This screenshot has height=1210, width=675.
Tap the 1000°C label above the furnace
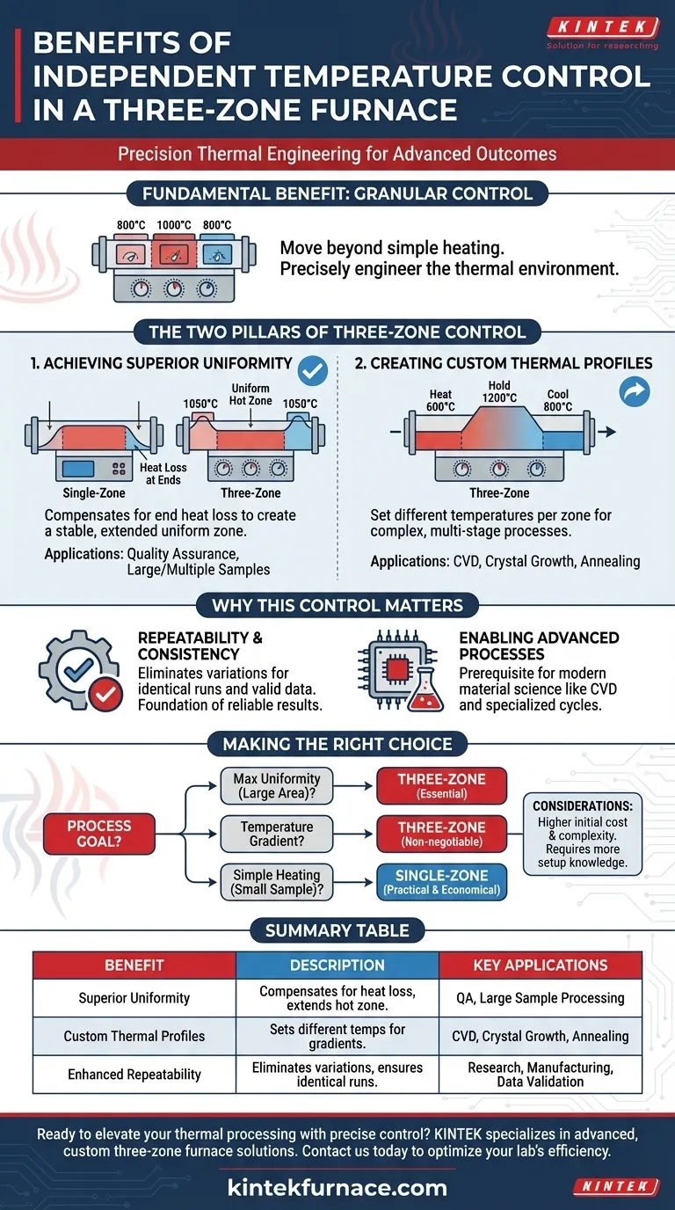tap(174, 225)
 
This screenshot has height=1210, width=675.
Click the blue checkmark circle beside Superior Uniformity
tap(313, 370)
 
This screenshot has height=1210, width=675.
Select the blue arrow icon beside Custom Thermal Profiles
tap(634, 392)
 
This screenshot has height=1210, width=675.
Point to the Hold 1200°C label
tap(500, 392)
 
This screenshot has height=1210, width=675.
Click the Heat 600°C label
tap(440, 401)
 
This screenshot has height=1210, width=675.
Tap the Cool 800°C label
tap(559, 401)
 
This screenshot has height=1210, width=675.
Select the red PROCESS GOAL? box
tap(99, 834)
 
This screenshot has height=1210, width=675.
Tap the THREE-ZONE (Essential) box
tap(441, 785)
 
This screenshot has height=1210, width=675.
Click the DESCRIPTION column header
tap(337, 965)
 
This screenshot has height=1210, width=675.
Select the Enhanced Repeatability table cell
tap(134, 1074)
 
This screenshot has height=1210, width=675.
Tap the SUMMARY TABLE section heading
tap(337, 929)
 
